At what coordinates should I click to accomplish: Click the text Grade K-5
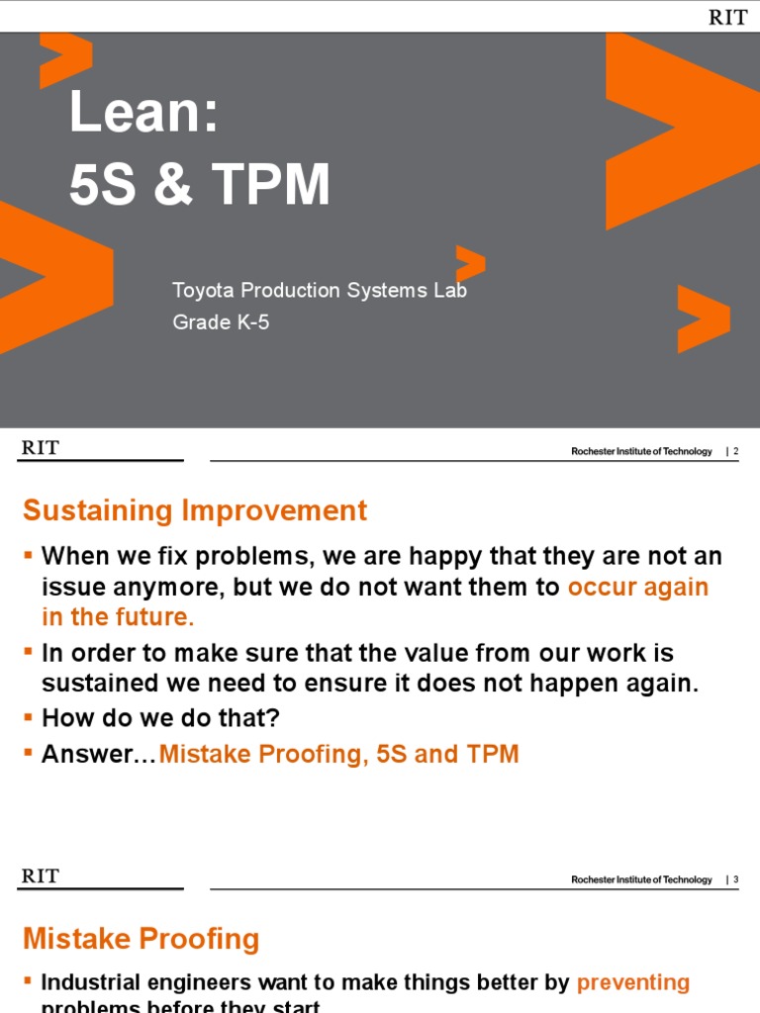(221, 322)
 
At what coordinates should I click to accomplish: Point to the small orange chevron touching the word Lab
(471, 262)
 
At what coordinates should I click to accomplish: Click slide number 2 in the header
(735, 451)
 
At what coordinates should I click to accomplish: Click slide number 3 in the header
(735, 879)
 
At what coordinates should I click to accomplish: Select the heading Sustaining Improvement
(195, 510)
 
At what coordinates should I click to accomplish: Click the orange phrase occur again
(638, 587)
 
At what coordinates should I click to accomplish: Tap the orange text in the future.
(118, 617)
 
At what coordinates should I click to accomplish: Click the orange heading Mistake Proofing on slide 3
(141, 939)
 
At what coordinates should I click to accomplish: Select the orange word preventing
(633, 982)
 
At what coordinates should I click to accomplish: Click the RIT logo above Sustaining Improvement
(41, 448)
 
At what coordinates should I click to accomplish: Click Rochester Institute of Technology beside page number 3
(641, 879)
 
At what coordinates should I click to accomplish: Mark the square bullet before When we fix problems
(29, 556)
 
